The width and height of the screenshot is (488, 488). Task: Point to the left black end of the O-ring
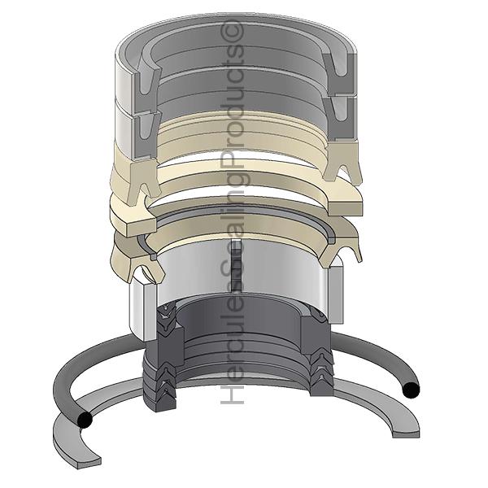point(85,420)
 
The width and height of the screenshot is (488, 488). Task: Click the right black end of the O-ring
point(411,390)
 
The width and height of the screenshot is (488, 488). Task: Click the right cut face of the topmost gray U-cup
point(339,74)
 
